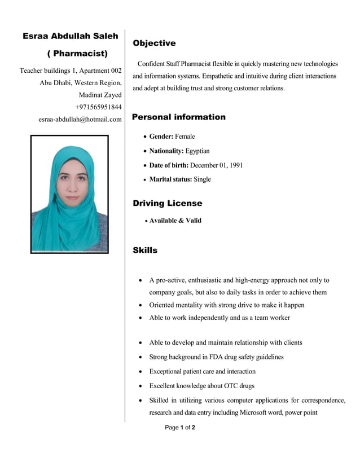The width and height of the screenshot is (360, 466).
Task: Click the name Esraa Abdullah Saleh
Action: pyautogui.click(x=71, y=36)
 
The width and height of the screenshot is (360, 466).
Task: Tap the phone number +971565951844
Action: pyautogui.click(x=98, y=107)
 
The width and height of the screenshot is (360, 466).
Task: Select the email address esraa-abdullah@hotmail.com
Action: pyautogui.click(x=80, y=120)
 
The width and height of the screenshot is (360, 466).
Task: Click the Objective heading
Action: pyautogui.click(x=154, y=43)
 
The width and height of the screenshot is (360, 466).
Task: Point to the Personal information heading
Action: pyautogui.click(x=178, y=117)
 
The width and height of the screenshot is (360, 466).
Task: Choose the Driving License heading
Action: pyautogui.click(x=167, y=203)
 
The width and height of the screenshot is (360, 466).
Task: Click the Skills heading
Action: pyautogui.click(x=145, y=250)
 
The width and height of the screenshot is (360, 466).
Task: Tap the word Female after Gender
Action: pyautogui.click(x=185, y=137)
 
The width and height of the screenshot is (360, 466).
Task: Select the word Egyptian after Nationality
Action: pyautogui.click(x=197, y=151)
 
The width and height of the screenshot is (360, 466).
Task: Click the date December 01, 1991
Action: pyautogui.click(x=217, y=165)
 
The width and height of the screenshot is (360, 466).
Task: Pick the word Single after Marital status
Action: pyautogui.click(x=202, y=179)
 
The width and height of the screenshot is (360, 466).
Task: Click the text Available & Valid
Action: pyautogui.click(x=175, y=221)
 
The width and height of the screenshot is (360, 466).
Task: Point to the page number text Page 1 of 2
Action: pyautogui.click(x=180, y=428)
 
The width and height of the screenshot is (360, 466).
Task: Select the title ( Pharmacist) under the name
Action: pyautogui.click(x=77, y=54)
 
